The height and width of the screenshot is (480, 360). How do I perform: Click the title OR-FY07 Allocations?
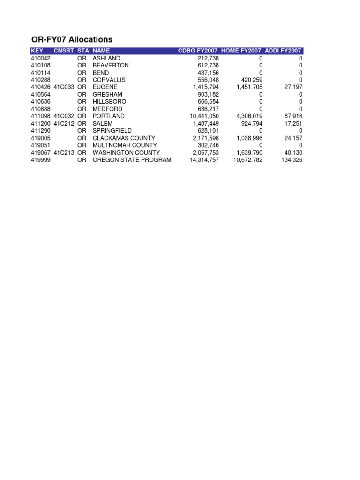(72, 39)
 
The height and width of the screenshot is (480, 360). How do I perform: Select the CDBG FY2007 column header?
(198, 51)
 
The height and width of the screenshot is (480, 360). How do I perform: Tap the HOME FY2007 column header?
(241, 51)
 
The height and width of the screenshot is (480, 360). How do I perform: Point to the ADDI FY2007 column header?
(284, 51)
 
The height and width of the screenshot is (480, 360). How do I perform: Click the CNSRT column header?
(64, 51)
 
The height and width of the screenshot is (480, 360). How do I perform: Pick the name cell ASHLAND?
(106, 58)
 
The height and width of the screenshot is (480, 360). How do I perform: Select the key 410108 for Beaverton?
(40, 65)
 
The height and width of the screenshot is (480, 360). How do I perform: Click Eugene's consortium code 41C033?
(64, 87)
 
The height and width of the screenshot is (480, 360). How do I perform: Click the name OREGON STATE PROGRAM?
(132, 160)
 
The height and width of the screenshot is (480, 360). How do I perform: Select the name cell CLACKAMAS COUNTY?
(124, 138)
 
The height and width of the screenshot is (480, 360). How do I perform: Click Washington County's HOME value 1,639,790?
(248, 153)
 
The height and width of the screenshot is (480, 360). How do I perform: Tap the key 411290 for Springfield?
(40, 131)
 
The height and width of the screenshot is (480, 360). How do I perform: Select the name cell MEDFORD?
(107, 109)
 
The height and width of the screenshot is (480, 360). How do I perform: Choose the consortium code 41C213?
(64, 153)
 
